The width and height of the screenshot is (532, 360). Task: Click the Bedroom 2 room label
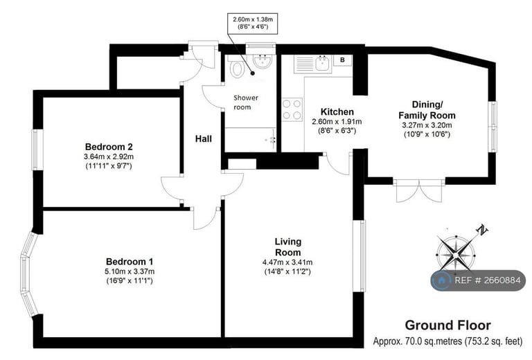(109, 147)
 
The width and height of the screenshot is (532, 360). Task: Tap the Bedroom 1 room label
(130, 262)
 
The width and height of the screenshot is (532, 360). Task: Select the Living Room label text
(288, 246)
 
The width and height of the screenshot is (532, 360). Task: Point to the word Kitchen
(337, 112)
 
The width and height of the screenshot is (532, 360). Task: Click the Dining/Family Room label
(427, 109)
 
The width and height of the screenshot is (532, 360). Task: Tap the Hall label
(204, 138)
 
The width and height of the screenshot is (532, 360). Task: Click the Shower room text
(246, 102)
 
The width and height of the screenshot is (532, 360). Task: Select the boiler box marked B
(343, 60)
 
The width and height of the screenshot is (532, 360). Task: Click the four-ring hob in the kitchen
(292, 109)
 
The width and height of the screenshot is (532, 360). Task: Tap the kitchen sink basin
(323, 63)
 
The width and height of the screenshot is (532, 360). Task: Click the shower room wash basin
(263, 61)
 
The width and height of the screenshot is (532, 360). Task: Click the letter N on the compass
(482, 230)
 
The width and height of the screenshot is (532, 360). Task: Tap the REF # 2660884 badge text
(487, 280)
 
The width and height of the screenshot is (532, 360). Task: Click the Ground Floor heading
(448, 325)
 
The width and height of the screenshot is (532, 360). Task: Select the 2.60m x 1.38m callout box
(252, 23)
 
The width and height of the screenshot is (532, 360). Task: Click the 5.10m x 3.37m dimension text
(130, 271)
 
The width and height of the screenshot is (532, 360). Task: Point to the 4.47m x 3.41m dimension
(287, 262)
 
